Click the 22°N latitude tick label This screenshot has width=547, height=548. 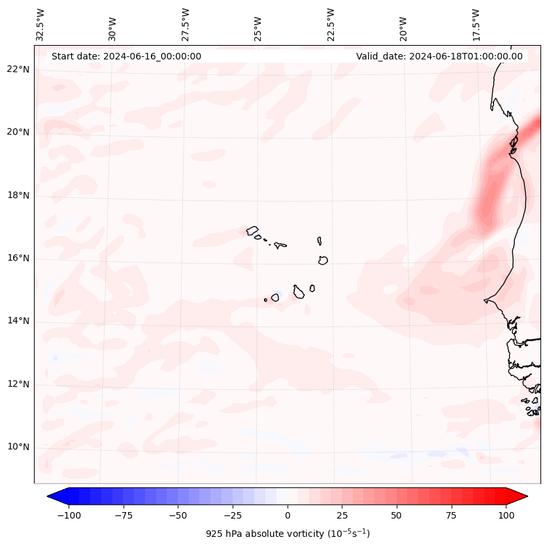(18, 69)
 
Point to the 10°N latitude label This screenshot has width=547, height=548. (18, 447)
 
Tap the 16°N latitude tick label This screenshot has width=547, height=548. (18, 258)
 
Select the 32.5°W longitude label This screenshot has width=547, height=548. (41, 24)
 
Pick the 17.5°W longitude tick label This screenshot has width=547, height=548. (476, 24)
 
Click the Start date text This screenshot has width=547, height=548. (126, 56)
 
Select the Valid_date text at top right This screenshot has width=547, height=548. (439, 56)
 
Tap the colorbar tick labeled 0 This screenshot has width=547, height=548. (288, 515)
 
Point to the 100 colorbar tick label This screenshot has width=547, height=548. (506, 515)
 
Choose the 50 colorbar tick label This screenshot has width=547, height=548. (397, 515)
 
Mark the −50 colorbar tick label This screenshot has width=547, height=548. (178, 515)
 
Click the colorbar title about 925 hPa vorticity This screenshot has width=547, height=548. (288, 534)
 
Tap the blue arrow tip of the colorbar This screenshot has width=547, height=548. (51, 496)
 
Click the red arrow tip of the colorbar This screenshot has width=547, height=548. (524, 496)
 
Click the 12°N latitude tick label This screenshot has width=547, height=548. (18, 385)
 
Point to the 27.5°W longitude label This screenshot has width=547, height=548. (186, 24)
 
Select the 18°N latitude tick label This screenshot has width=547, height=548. (18, 195)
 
